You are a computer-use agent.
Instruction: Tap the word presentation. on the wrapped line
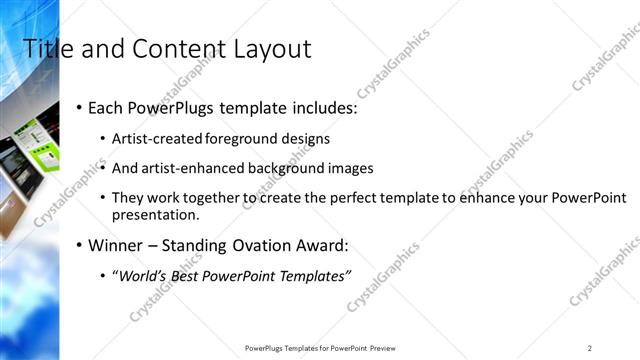click(156, 214)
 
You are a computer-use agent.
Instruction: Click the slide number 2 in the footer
click(590, 347)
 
